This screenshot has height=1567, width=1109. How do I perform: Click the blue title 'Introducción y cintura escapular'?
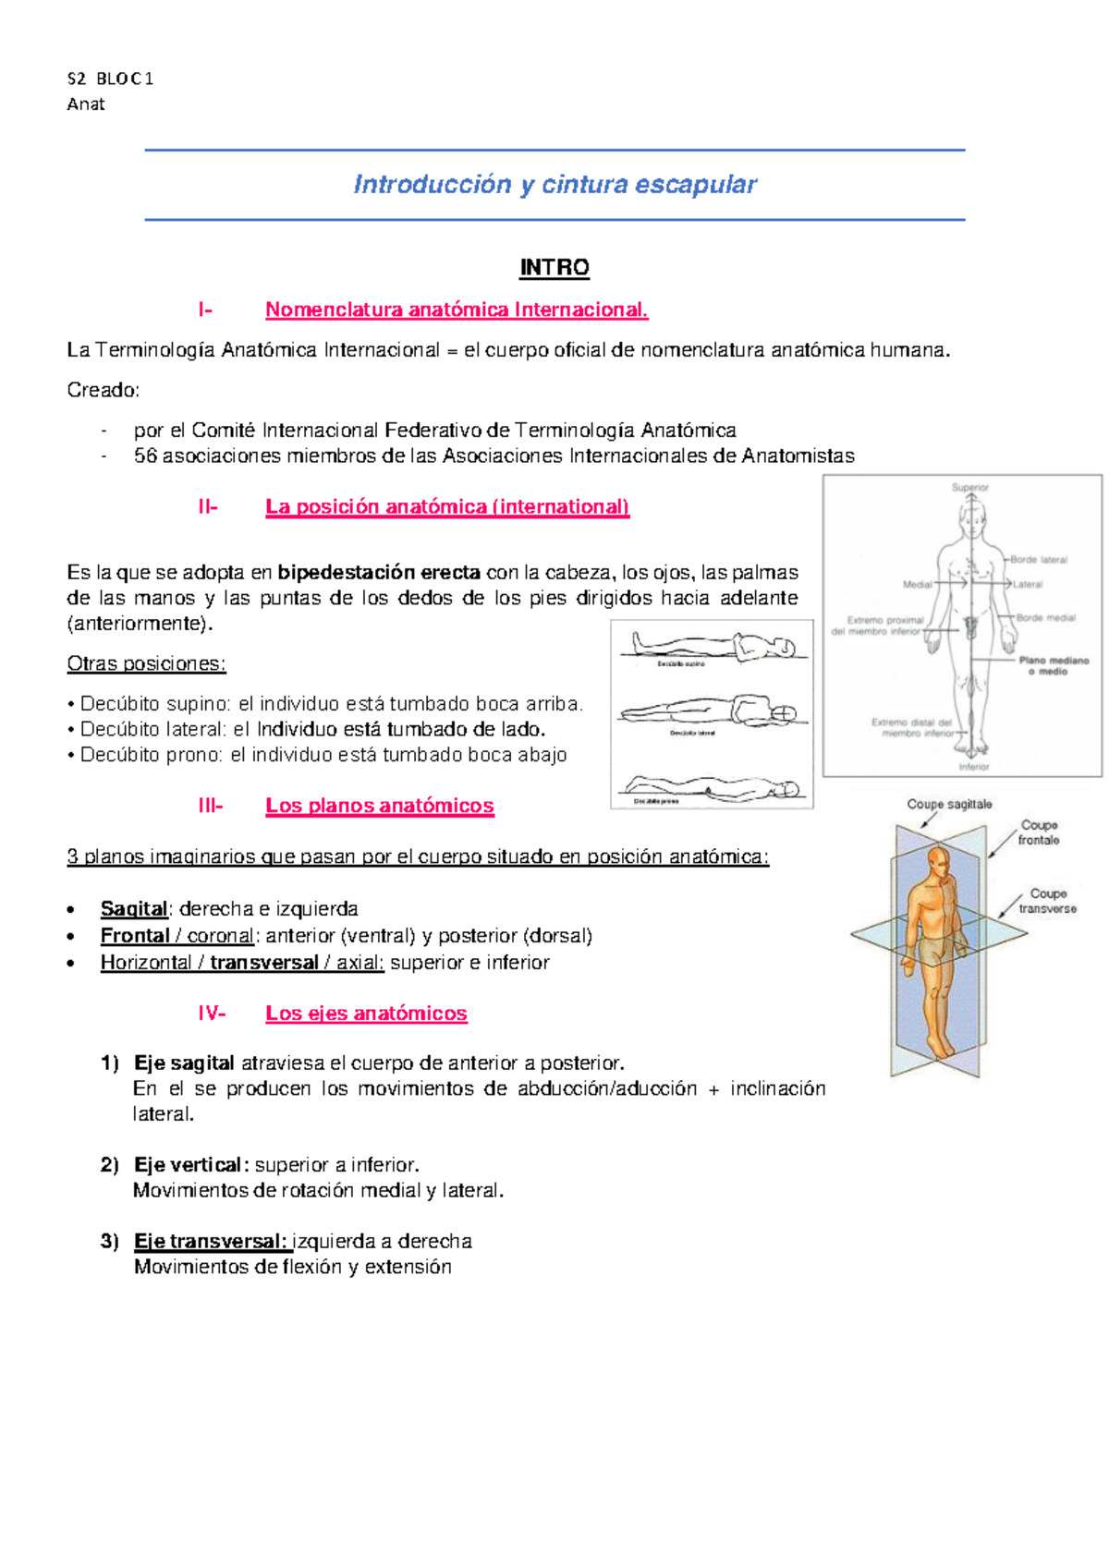pos(554,185)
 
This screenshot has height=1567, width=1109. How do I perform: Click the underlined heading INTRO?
pos(554,268)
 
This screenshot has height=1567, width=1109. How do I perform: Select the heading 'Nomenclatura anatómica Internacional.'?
pos(457,310)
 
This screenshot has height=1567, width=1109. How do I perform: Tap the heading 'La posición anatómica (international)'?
pos(447,507)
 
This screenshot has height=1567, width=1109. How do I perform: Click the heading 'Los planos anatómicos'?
pos(379,806)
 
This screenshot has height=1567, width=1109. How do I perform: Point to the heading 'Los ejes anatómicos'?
pos(366,1014)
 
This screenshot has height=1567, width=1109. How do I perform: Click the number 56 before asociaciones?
pos(145,456)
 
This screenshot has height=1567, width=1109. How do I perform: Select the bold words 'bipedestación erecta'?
pos(379,573)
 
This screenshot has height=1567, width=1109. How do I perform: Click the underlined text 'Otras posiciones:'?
pos(146,664)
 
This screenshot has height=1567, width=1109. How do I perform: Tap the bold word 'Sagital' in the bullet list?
pos(134,909)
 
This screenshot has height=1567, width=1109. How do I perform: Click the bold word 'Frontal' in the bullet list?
pos(135,936)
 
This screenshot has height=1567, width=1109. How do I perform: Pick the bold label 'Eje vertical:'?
pos(191,1165)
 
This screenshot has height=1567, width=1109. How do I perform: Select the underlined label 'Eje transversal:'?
pos(211,1242)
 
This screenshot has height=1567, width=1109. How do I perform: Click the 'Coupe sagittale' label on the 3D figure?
pos(949,805)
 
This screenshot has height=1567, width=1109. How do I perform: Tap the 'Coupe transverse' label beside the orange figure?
pos(1047,901)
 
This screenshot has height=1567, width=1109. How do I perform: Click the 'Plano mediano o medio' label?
pos(1054,666)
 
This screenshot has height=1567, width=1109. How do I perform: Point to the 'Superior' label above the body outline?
pos(970,487)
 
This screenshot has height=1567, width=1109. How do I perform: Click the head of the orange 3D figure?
pos(937,861)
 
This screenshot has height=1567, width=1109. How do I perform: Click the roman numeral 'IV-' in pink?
pos(211,1014)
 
